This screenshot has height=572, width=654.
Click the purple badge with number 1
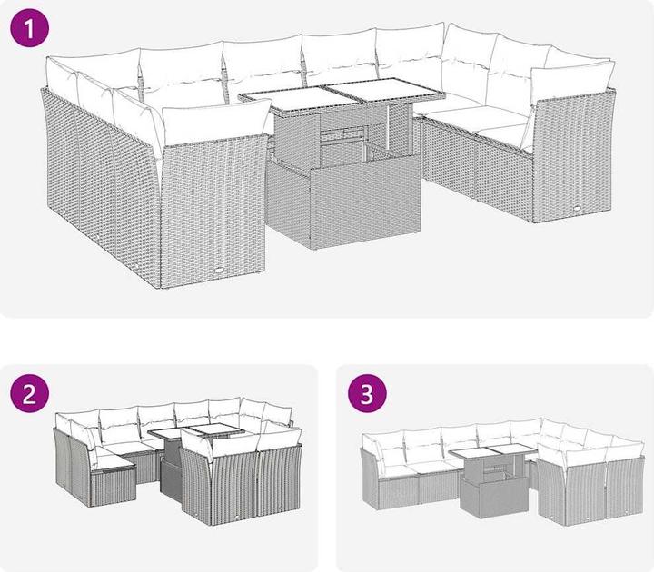pos(29,27)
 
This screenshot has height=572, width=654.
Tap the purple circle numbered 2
pos(29,393)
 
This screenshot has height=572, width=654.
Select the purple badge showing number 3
pos(367,393)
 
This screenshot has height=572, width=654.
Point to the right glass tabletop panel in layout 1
pos(384,89)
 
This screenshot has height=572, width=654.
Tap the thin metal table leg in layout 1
pos(389,126)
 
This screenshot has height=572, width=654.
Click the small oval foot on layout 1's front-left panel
pos(220,270)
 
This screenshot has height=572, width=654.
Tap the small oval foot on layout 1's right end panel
pos(577,209)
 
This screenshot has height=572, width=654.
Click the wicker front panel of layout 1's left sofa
pos(213,212)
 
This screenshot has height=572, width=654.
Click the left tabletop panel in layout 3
pos(471,454)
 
